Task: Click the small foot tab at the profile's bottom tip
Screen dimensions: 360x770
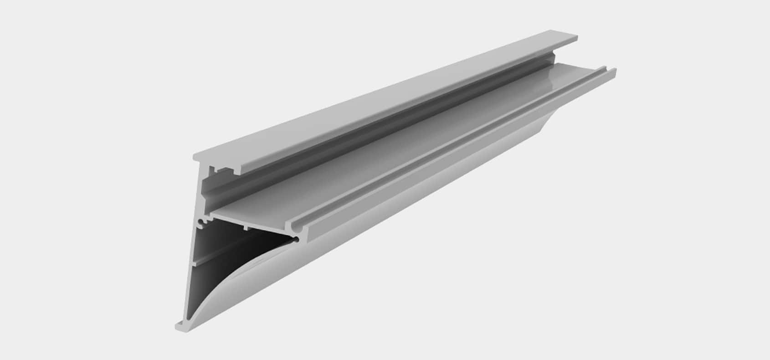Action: (179, 325)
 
